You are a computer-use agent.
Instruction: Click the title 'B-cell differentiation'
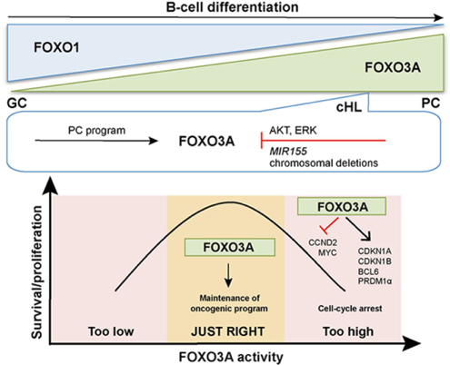pos(232,7)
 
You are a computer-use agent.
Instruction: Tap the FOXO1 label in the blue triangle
pos(56,48)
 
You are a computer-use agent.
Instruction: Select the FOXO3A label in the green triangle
pos(393,68)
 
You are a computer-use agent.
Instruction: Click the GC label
pos(17,104)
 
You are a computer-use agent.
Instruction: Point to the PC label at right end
pos(431,104)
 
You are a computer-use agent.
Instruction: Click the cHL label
pos(349,107)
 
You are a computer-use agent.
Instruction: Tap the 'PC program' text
pos(96,131)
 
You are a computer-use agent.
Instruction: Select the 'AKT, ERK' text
pos(293,130)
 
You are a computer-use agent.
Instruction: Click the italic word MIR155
pos(288,151)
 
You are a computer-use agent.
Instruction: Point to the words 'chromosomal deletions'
pos(324,163)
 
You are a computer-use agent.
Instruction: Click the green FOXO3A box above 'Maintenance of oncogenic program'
pos(230,247)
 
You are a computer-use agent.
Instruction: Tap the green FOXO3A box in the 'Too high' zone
pos(342,207)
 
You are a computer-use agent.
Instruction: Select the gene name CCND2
pos(323,242)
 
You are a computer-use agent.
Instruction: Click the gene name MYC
pos(327,252)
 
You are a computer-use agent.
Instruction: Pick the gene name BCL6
pos(368,271)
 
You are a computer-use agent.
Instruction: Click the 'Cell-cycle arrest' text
pos(350,309)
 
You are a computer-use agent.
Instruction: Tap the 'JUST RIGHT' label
pos(228,331)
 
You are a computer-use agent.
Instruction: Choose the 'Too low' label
pos(111,331)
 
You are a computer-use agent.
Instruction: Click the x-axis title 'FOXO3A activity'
pos(231,357)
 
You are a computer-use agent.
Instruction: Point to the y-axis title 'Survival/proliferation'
pos(37,272)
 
